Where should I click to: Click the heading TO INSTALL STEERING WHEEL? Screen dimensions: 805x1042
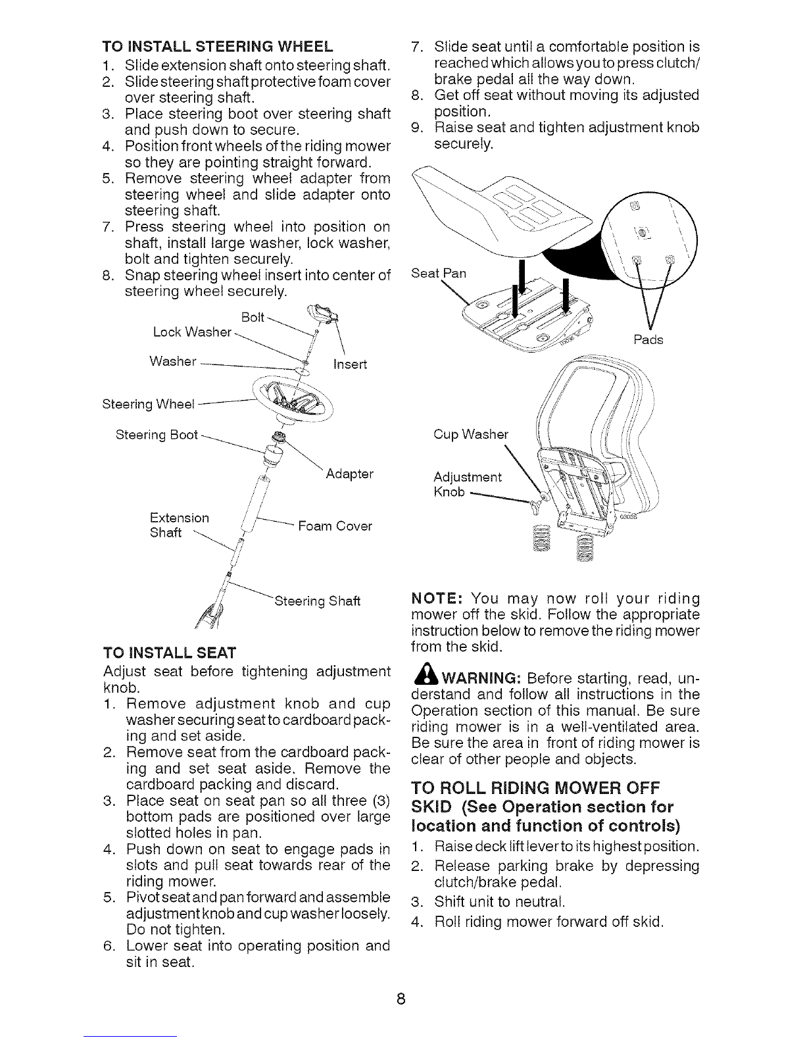[217, 46]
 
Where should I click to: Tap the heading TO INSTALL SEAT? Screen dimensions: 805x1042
[170, 653]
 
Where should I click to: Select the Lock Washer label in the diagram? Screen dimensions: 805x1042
[192, 332]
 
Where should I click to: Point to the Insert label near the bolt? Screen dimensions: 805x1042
[350, 364]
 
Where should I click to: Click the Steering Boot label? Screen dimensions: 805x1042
[157, 435]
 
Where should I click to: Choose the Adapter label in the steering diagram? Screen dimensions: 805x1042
[349, 474]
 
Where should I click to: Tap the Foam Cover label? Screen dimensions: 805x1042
[335, 526]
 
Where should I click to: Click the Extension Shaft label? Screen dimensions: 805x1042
[180, 525]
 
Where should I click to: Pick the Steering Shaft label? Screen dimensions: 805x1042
[317, 601]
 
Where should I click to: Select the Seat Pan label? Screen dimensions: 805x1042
[439, 273]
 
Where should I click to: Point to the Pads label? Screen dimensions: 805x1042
[648, 340]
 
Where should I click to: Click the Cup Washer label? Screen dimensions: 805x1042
[471, 434]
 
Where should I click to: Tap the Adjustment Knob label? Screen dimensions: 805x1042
[468, 484]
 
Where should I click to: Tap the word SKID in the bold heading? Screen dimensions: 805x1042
[431, 807]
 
